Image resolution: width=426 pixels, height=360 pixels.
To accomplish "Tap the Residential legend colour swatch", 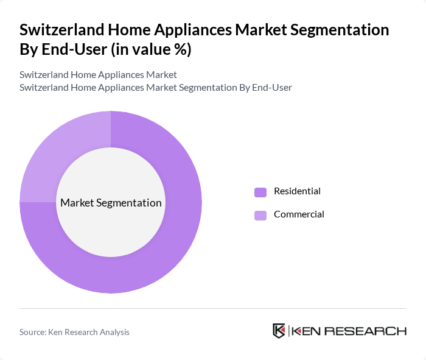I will pyautogui.click(x=260, y=192).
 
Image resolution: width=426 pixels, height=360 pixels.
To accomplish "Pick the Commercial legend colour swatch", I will pyautogui.click(x=260, y=215).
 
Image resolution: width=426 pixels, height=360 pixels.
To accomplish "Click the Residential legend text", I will pyautogui.click(x=297, y=191).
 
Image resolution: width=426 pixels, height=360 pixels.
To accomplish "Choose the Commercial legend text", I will pyautogui.click(x=299, y=214).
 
